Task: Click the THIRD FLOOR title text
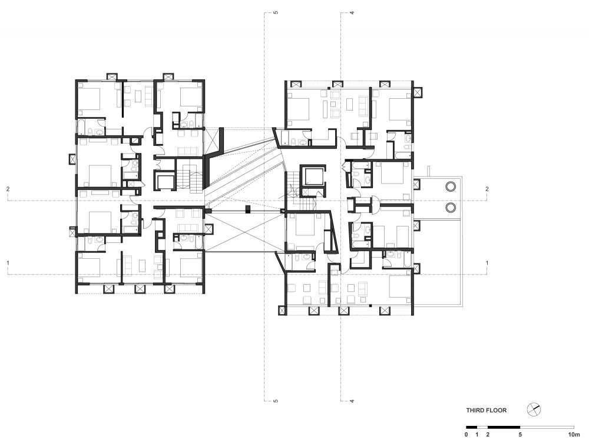tap(486, 411)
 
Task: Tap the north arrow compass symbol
tap(533, 409)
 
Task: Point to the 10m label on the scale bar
tap(574, 435)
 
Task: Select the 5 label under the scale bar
tap(520, 435)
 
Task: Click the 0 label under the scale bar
tap(466, 435)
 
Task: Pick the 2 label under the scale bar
tap(488, 435)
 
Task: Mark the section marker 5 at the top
tap(276, 13)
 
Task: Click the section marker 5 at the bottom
tap(276, 401)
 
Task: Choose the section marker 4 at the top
tap(352, 13)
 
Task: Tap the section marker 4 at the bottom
tap(352, 401)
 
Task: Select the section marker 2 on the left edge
tap(8, 189)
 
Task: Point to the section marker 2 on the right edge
tap(487, 189)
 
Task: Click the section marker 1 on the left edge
tap(8, 263)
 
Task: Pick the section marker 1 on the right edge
tap(487, 263)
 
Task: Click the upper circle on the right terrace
tap(451, 186)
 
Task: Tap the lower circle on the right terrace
tap(451, 208)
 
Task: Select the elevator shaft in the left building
tap(165, 181)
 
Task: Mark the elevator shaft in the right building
tap(313, 175)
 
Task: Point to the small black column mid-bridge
tap(247, 209)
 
